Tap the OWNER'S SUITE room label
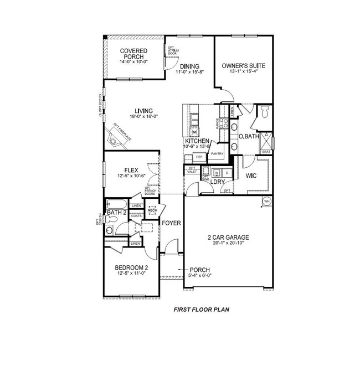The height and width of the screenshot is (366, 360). [x=244, y=66]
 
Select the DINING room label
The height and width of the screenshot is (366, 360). [x=186, y=66]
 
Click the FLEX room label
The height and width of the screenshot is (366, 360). [x=131, y=169]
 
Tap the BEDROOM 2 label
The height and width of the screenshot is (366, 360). [x=131, y=267]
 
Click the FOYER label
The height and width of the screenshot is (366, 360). [x=172, y=223]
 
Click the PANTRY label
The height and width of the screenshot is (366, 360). [x=217, y=154]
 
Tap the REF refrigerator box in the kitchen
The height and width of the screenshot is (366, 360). [x=199, y=157]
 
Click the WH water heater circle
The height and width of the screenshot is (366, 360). [x=266, y=200]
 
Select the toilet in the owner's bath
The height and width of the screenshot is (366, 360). [x=265, y=112]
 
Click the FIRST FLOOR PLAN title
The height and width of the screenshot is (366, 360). [x=202, y=310]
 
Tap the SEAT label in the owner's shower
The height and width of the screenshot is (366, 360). [x=266, y=152]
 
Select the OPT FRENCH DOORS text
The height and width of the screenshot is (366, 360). [x=150, y=192]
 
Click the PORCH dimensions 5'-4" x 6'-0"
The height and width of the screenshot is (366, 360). [x=200, y=276]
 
